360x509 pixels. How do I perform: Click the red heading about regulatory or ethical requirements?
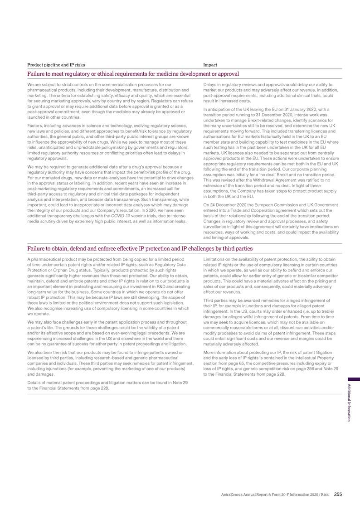point(133,73)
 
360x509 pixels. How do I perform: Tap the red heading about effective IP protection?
point(140,248)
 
